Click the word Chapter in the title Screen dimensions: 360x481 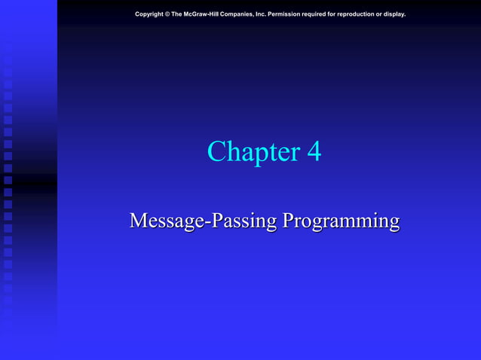[253, 152]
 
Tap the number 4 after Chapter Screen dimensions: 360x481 [314, 152]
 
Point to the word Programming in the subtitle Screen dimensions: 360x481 [341, 221]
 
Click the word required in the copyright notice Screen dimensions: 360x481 [329, 14]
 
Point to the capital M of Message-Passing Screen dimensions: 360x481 [139, 221]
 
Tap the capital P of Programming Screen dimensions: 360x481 [288, 221]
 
